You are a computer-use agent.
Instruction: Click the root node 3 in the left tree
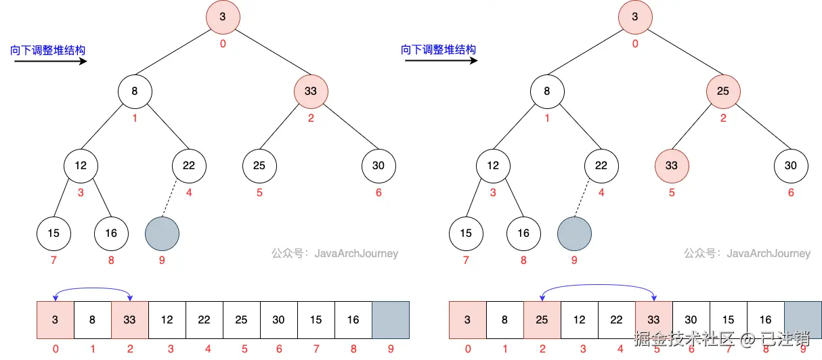(x=223, y=17)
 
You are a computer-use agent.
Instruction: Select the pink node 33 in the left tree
(x=311, y=91)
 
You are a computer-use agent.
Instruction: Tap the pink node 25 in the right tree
(x=723, y=91)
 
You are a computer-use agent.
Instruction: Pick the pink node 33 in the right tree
(x=672, y=166)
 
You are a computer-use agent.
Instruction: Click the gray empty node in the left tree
(x=163, y=233)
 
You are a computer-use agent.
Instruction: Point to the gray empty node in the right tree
(x=574, y=233)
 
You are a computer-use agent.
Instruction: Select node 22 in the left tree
(x=189, y=166)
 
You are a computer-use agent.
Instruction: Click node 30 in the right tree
(x=791, y=166)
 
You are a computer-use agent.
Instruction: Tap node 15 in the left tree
(x=53, y=233)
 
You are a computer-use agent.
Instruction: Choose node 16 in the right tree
(x=523, y=233)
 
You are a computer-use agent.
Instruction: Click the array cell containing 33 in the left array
(x=130, y=320)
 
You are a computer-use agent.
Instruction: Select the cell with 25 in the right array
(x=542, y=320)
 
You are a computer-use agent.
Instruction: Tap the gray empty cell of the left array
(x=391, y=320)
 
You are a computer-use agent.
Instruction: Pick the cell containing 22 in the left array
(x=204, y=320)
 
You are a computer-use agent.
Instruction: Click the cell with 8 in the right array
(x=505, y=320)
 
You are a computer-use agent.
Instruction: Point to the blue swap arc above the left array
(x=93, y=288)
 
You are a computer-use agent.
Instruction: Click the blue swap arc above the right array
(x=598, y=284)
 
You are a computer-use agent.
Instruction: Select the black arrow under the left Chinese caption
(x=51, y=61)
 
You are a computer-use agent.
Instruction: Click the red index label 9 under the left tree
(x=162, y=261)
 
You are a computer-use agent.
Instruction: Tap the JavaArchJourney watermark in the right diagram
(x=747, y=253)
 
